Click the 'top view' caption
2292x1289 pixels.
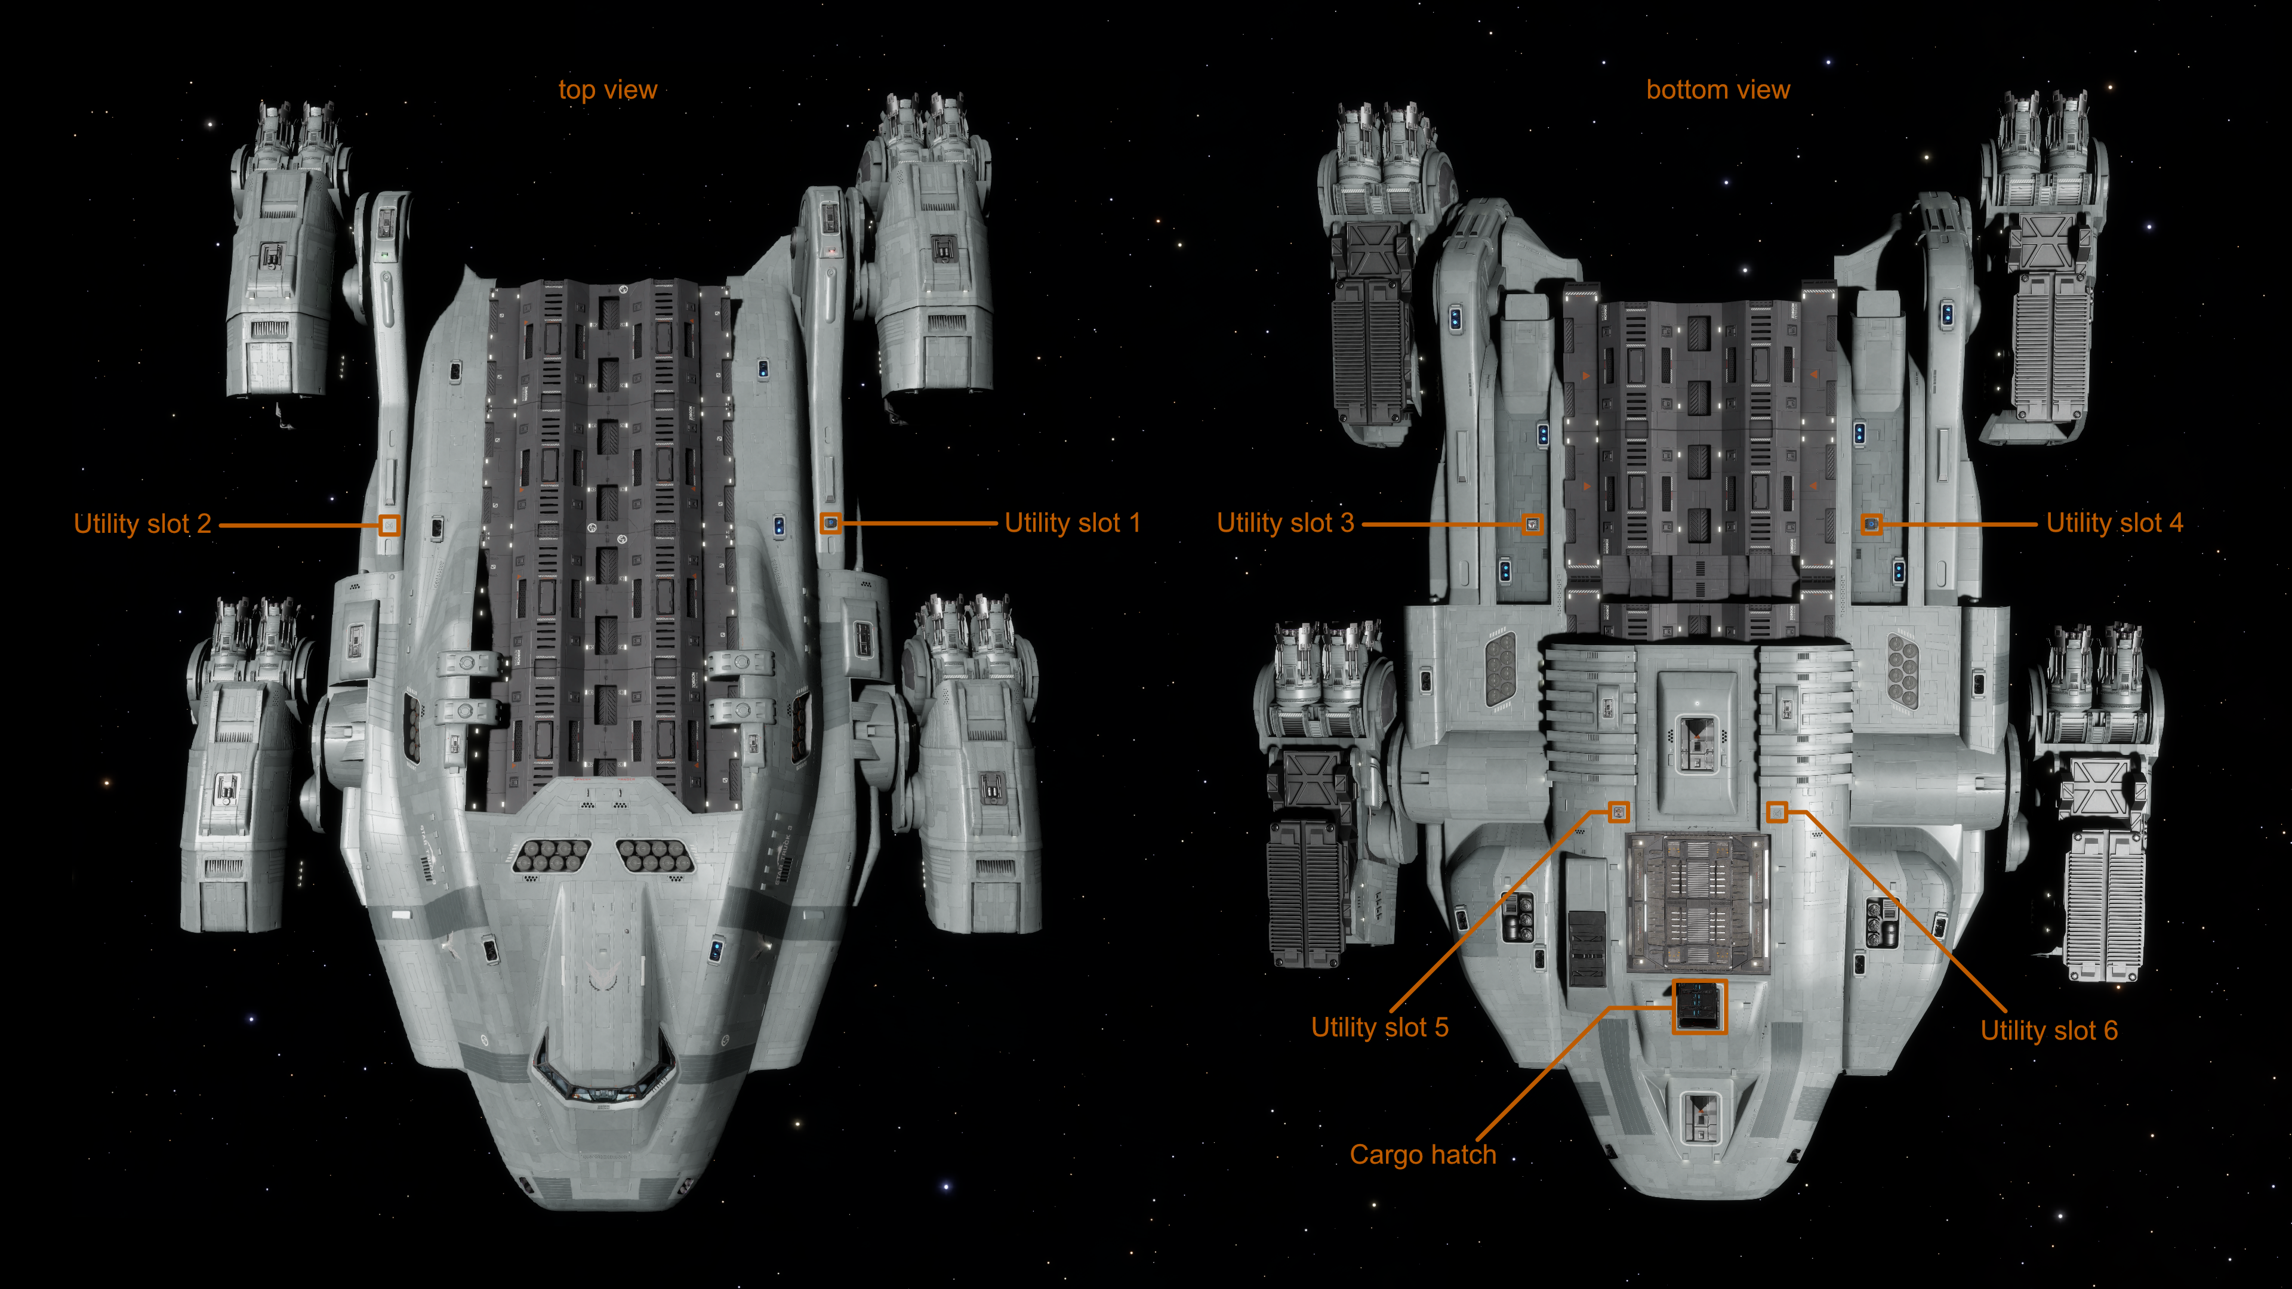[608, 90]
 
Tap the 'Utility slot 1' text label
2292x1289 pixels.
[1071, 523]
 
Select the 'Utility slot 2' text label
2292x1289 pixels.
[143, 524]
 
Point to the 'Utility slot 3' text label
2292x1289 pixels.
[1285, 523]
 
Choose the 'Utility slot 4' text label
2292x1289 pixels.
[2114, 523]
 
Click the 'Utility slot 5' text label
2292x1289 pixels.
[1379, 1028]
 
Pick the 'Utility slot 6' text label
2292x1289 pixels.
[2048, 1031]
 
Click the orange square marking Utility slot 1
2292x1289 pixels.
[830, 523]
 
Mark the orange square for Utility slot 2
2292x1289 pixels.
[389, 525]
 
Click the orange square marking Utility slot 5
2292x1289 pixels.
[1619, 812]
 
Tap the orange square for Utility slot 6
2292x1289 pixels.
[1776, 812]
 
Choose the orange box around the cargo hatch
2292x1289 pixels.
[1699, 1006]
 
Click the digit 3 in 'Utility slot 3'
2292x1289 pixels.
[1347, 523]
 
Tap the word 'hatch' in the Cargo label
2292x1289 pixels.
[1463, 1155]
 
